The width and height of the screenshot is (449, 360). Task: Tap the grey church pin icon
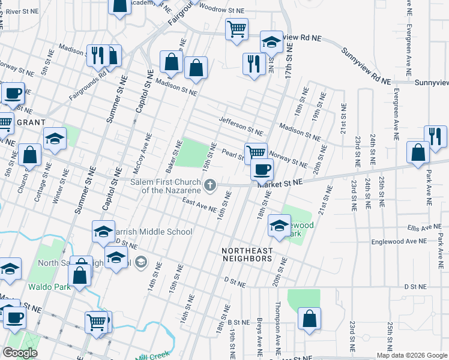tap(210, 185)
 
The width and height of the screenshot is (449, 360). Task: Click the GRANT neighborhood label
tap(32, 122)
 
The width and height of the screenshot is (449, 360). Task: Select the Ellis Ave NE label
tap(424, 228)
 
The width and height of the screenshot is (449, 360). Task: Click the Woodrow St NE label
tap(221, 11)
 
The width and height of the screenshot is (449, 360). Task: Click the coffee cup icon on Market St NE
tap(262, 169)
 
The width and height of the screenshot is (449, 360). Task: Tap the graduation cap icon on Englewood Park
tap(279, 226)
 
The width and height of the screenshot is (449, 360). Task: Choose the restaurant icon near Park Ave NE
tap(435, 136)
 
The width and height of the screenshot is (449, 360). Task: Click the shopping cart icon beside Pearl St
tap(256, 152)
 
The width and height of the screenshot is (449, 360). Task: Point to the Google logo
tap(20, 353)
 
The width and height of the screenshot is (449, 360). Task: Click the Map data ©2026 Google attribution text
tap(412, 355)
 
